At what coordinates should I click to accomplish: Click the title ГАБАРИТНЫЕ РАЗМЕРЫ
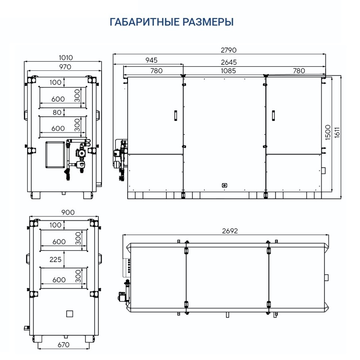(x=172, y=22)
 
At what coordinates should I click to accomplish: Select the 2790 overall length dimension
(x=228, y=50)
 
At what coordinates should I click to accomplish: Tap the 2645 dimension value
(x=229, y=62)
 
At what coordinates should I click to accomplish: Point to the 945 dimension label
(x=151, y=60)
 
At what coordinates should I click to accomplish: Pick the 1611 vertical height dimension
(x=337, y=132)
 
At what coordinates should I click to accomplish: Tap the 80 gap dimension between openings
(x=57, y=113)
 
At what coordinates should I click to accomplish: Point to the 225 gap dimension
(x=56, y=260)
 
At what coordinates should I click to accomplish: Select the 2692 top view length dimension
(x=230, y=231)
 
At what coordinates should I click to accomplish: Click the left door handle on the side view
(x=175, y=115)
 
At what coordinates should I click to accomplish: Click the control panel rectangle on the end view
(x=55, y=154)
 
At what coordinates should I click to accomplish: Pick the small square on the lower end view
(x=70, y=313)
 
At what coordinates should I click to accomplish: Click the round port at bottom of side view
(x=224, y=185)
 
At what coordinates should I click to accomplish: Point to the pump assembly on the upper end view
(x=80, y=154)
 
